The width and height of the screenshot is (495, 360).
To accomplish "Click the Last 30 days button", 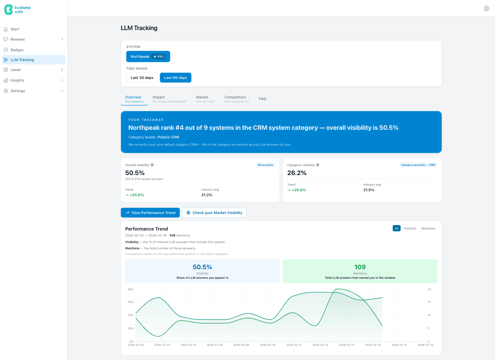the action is pyautogui.click(x=142, y=78).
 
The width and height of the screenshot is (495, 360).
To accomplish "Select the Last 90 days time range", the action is pyautogui.click(x=176, y=78).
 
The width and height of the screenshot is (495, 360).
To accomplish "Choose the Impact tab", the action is pyautogui.click(x=169, y=99).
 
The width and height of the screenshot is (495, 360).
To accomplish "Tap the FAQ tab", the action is pyautogui.click(x=262, y=99).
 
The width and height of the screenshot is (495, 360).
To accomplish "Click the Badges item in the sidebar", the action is pyautogui.click(x=17, y=50).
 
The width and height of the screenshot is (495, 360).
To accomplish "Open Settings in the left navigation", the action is pyautogui.click(x=18, y=91).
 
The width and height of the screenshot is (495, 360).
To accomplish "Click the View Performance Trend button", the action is pyautogui.click(x=150, y=213).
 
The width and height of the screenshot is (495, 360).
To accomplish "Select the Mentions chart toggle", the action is pyautogui.click(x=428, y=229).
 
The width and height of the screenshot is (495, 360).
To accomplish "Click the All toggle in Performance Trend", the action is pyautogui.click(x=396, y=229).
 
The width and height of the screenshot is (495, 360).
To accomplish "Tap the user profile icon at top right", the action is pyautogui.click(x=486, y=8).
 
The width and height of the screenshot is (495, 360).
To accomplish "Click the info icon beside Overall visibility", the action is pyautogui.click(x=152, y=165).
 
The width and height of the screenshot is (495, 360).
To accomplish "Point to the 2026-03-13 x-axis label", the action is pyautogui.click(x=346, y=345).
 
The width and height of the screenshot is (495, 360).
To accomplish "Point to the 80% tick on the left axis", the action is pyautogui.click(x=131, y=289).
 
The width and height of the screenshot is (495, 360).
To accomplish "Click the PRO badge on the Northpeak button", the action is pyautogui.click(x=158, y=56).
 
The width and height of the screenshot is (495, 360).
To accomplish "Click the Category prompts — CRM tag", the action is pyautogui.click(x=418, y=165).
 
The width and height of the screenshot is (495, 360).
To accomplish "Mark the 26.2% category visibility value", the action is pyautogui.click(x=297, y=173).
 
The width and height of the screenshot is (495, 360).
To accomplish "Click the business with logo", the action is pyautogui.click(x=17, y=10).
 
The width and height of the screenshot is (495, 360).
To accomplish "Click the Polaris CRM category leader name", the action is pyautogui.click(x=168, y=137).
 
